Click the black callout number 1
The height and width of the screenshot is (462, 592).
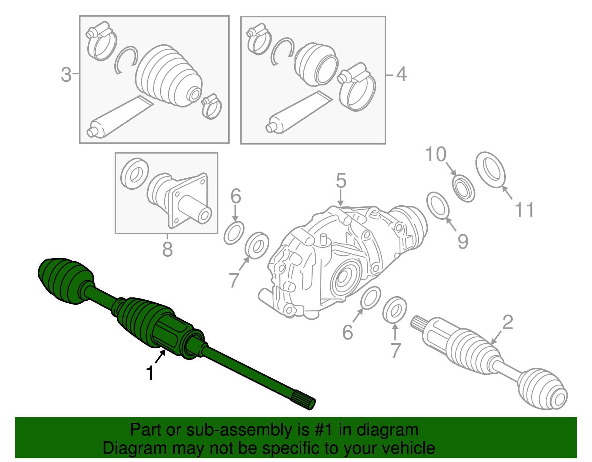[150, 373]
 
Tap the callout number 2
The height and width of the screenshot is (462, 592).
[508, 322]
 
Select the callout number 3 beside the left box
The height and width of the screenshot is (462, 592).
[66, 75]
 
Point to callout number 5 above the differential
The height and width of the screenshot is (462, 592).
[341, 181]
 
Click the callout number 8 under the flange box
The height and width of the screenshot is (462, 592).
[167, 249]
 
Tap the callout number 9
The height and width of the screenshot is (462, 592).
[463, 242]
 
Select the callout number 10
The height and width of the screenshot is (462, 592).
[436, 154]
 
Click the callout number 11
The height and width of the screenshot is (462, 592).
[525, 210]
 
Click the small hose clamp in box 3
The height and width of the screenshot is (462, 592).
[212, 107]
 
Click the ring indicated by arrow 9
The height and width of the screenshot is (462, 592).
[438, 205]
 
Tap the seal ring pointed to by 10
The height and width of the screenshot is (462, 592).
[464, 188]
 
